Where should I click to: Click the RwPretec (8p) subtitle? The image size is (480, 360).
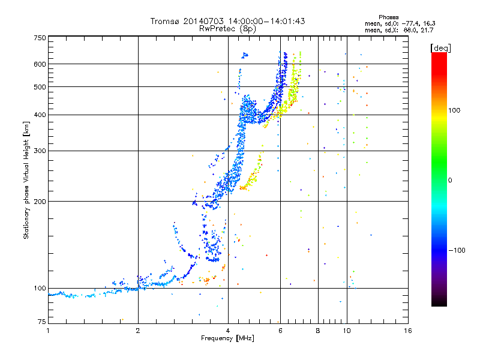[227, 29]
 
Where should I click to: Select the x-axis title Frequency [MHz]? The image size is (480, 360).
[227, 338]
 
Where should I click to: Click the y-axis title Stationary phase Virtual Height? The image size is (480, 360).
[26, 180]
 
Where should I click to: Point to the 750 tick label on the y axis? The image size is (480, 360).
[40, 38]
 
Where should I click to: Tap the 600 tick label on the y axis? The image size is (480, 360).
[40, 64]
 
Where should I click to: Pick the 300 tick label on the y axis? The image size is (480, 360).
[40, 151]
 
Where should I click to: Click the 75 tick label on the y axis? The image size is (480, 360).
[42, 322]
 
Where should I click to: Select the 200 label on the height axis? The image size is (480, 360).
[40, 202]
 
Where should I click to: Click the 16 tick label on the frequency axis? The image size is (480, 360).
[408, 331]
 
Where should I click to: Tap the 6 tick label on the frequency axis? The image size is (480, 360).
[280, 331]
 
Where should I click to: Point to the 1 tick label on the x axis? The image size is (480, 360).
[48, 331]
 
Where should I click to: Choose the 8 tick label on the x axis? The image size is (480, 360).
[318, 331]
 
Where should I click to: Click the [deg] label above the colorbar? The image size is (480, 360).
[441, 48]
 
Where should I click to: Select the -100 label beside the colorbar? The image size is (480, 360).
[457, 250]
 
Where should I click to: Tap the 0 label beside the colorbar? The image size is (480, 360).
[450, 181]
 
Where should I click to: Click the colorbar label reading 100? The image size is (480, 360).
[454, 110]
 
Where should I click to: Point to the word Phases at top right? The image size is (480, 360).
[389, 17]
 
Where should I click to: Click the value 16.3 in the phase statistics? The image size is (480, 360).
[430, 23]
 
